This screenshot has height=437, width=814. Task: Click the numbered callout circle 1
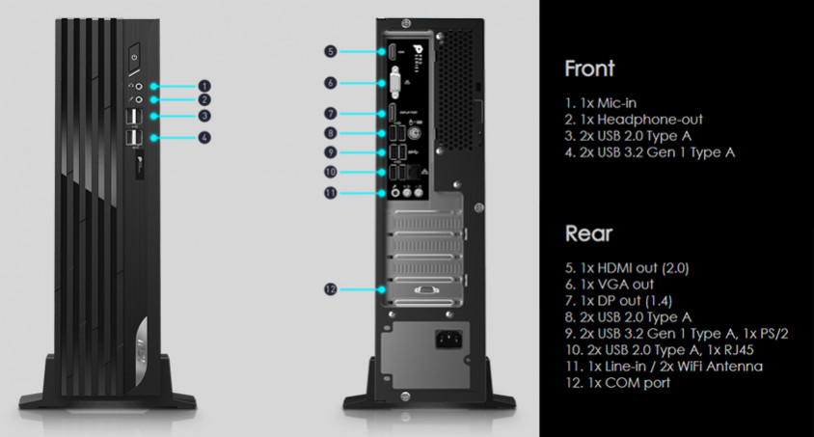[204, 85]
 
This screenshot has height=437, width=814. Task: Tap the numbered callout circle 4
[204, 138]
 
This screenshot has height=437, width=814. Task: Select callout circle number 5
[330, 51]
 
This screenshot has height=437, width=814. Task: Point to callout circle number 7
[330, 114]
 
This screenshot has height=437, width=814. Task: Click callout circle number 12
[330, 287]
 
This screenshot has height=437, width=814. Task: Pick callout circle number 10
[330, 173]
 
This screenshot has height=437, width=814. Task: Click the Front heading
[590, 69]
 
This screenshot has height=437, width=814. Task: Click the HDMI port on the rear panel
[394, 51]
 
